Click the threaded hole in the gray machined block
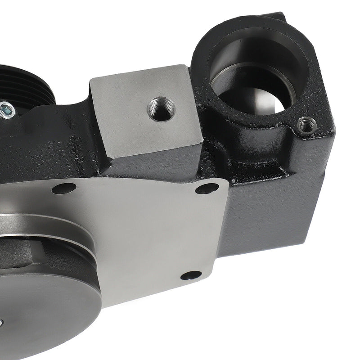pyautogui.click(x=161, y=109)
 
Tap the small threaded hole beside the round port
pyautogui.click(x=307, y=125)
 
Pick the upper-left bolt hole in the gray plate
pyautogui.click(x=64, y=188)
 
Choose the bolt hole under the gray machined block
pyautogui.click(x=207, y=188)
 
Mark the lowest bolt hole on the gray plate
pyautogui.click(x=191, y=275)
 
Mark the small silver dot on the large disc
pyautogui.click(x=1, y=322)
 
